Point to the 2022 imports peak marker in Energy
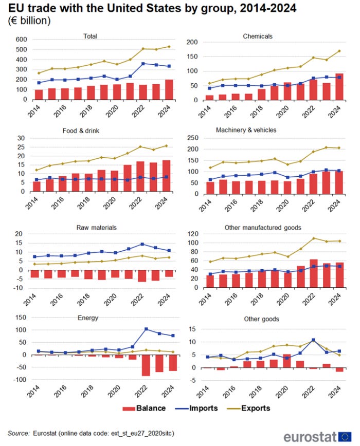[x=146, y=329]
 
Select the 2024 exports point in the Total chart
[x=169, y=47]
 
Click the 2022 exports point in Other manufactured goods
[x=313, y=238]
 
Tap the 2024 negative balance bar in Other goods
[x=340, y=369]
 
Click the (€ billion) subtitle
[x=29, y=21]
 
